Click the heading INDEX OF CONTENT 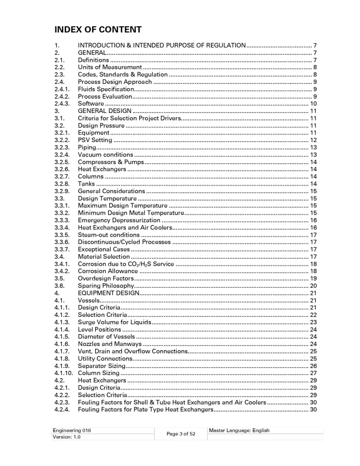point(98,30)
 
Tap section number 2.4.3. point(62,104)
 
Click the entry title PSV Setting point(95,140)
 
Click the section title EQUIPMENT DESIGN point(109,293)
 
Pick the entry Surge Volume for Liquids point(114,322)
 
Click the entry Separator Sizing point(101,366)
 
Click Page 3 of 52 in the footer point(180,434)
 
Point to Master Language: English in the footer point(239,430)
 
